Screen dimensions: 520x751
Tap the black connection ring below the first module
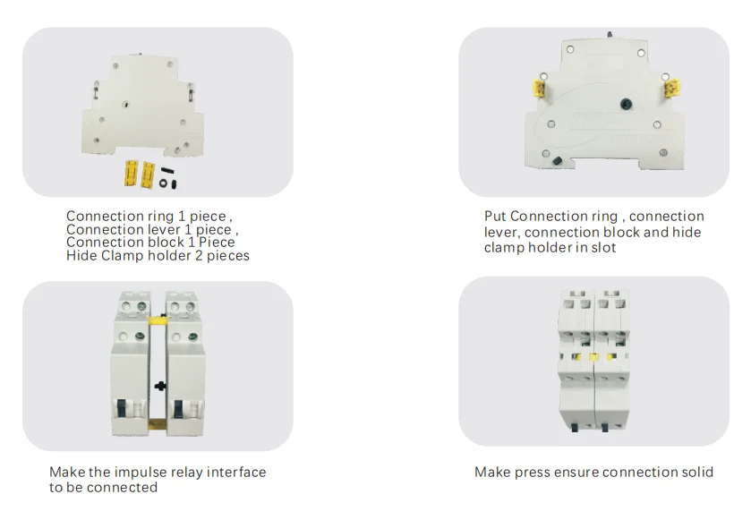tap(163, 183)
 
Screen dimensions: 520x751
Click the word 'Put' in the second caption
tap(495, 217)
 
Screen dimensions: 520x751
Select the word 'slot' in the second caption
tap(603, 247)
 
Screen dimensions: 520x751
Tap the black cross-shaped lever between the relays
tap(158, 387)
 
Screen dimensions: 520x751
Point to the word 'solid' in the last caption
tap(695, 472)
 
